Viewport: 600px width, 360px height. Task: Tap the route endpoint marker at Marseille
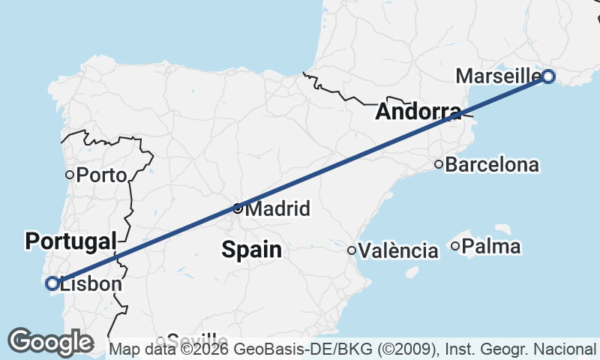click(548, 76)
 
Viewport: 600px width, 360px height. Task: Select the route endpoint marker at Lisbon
click(52, 283)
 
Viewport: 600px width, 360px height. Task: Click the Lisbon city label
click(90, 284)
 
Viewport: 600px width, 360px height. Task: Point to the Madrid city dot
click(238, 208)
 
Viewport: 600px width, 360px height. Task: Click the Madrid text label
click(277, 209)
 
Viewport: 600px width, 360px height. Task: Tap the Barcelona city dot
click(439, 164)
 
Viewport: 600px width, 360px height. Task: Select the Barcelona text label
click(492, 165)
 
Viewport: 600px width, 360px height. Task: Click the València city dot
click(351, 250)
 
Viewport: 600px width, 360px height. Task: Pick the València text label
click(398, 250)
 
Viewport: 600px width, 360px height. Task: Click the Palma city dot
click(455, 246)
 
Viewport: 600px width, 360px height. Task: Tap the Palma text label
click(491, 246)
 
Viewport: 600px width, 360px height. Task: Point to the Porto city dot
click(70, 175)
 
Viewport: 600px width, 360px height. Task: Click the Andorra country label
click(418, 112)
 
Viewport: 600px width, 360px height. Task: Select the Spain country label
click(251, 249)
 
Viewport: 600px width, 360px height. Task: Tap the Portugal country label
click(71, 241)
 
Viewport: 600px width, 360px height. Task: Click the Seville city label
click(196, 340)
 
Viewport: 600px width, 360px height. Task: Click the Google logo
click(50, 342)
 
